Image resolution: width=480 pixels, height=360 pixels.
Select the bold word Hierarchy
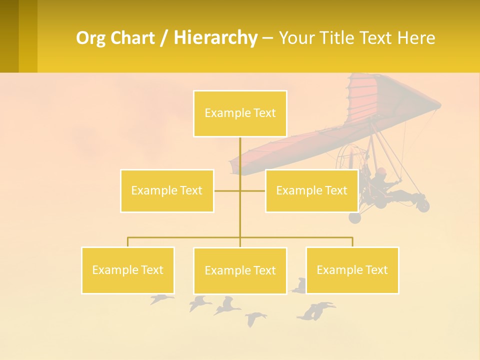[x=215, y=37]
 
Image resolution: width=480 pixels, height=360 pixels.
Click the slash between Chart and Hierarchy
[x=164, y=38]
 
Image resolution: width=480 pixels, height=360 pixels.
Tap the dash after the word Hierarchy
[x=267, y=38]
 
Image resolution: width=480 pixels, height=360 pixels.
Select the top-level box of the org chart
[x=240, y=113]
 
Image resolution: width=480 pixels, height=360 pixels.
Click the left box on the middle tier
[x=167, y=190]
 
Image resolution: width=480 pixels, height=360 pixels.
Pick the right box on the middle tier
[x=311, y=190]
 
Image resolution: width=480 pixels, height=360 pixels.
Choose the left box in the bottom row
[x=127, y=270]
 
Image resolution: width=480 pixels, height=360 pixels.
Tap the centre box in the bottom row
[x=240, y=270]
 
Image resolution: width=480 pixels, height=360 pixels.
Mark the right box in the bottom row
[x=352, y=270]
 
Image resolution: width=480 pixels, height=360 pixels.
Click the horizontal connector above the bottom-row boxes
[x=185, y=237]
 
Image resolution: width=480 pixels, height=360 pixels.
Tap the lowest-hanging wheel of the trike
[x=354, y=217]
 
